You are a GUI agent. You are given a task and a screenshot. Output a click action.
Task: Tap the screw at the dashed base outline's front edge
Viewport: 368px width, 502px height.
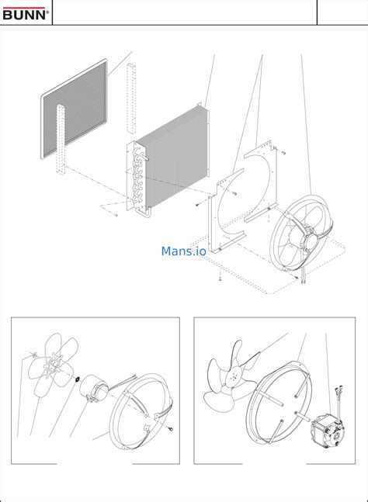(x=220, y=278)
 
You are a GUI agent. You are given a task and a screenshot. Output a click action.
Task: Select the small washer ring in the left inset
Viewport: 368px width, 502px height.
(x=77, y=379)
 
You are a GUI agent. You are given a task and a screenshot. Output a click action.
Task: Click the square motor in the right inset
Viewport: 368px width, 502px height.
(x=326, y=431)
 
